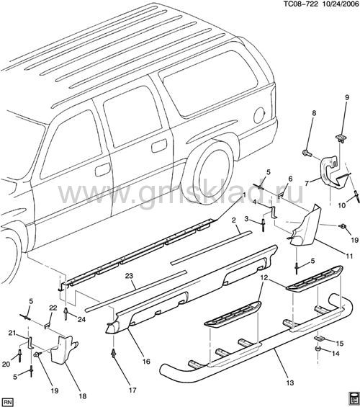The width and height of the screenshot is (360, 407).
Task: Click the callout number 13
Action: point(290,383)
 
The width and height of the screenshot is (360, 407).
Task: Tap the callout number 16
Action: point(147,362)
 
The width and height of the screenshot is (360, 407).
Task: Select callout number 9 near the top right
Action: point(347,97)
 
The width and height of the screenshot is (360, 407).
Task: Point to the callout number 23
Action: point(129,276)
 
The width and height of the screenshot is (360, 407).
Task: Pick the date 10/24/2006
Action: point(340,4)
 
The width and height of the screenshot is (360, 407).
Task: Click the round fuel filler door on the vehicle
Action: point(259,115)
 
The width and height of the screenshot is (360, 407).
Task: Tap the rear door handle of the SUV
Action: point(159,146)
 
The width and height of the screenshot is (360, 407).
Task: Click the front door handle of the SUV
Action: point(102,170)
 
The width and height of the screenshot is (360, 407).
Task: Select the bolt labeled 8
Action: point(307,152)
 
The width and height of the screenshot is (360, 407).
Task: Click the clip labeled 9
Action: point(340,138)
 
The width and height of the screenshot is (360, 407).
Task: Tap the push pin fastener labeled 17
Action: point(113,354)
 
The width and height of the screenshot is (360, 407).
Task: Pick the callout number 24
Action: point(81,319)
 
